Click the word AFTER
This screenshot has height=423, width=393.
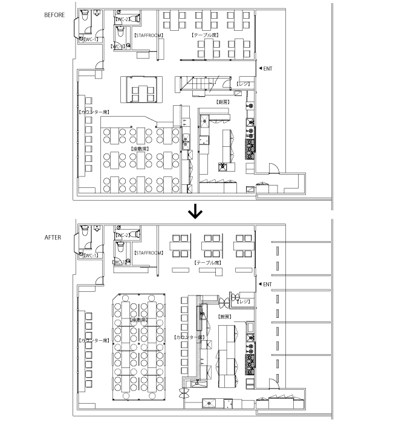tap(53, 237)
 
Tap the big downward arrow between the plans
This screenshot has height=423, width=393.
tap(195, 212)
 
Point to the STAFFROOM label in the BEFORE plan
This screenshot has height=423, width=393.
tap(148, 35)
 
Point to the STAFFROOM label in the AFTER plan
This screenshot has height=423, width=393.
tap(148, 253)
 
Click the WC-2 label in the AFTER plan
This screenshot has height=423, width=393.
tap(122, 234)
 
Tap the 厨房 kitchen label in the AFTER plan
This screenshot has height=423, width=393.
tap(224, 316)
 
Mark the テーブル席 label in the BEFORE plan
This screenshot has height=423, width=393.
tap(206, 35)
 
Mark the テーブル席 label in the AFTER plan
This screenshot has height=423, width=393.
tap(207, 263)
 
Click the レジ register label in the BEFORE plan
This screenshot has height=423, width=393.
tap(244, 83)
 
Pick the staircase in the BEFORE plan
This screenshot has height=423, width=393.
tap(195, 84)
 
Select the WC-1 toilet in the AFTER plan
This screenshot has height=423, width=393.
tap(85, 230)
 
